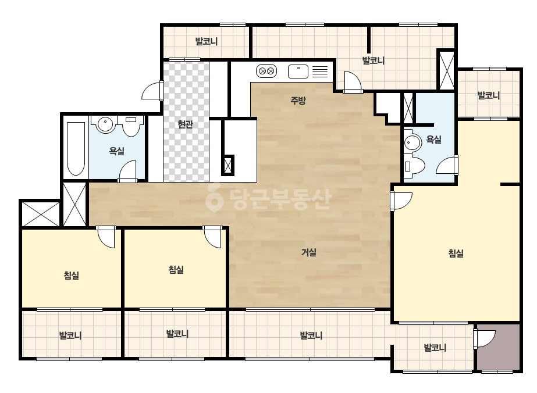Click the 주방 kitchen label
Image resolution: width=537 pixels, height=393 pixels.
(298, 101)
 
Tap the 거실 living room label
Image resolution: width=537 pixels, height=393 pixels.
(308, 252)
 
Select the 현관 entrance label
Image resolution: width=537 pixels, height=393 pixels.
(185, 124)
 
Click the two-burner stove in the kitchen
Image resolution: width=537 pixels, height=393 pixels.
(266, 71)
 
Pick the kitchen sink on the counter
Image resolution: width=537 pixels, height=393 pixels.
(298, 72)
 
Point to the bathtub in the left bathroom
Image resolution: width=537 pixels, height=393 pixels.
(76, 149)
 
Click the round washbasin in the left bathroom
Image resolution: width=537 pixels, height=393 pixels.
(105, 124)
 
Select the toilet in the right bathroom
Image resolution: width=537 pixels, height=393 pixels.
(414, 166)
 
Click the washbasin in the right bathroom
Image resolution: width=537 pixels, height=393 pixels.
(412, 142)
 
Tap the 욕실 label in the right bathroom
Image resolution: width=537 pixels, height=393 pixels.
(433, 140)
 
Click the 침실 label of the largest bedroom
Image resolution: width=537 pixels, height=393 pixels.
(456, 253)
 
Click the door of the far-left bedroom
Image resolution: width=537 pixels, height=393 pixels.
(105, 237)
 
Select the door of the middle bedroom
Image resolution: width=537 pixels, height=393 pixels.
(212, 237)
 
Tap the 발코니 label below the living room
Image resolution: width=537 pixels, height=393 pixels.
(311, 335)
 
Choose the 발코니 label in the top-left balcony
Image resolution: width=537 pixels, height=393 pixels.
(207, 41)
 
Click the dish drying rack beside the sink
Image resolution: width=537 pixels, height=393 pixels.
(320, 72)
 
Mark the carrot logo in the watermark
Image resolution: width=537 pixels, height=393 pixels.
(214, 198)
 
